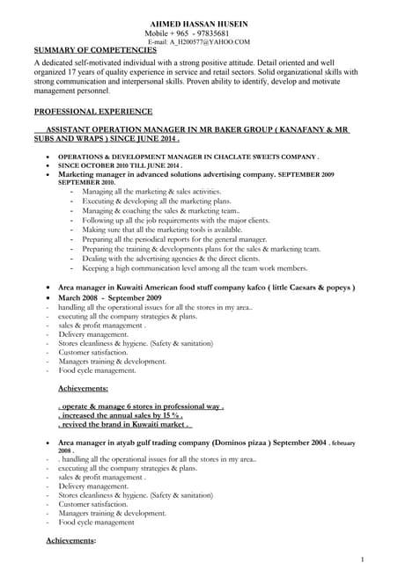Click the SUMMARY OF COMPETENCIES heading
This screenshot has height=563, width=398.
click(95, 50)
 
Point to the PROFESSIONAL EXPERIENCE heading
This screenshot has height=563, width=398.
click(92, 112)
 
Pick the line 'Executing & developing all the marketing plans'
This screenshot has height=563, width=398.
click(151, 201)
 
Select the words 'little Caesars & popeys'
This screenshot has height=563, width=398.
click(291, 288)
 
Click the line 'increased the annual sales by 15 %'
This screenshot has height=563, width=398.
click(121, 414)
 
